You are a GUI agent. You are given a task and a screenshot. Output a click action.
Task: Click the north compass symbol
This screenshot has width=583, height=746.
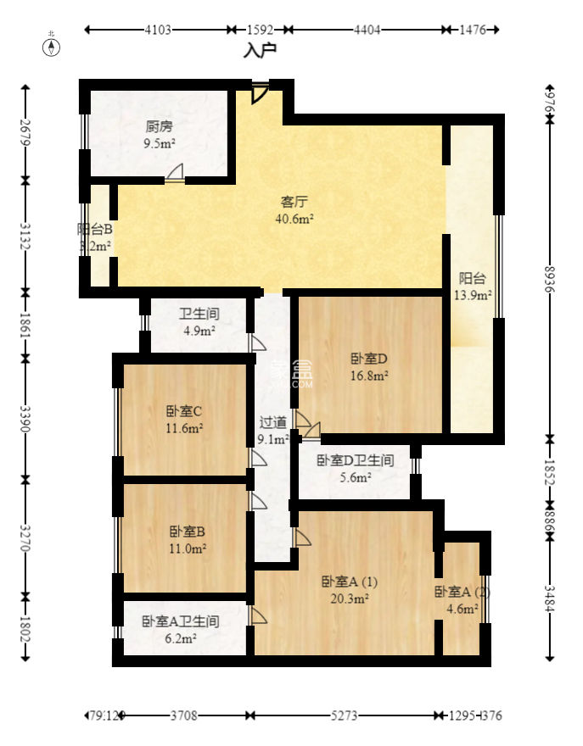[53, 45]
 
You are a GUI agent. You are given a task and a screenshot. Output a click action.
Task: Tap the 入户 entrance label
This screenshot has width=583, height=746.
[260, 50]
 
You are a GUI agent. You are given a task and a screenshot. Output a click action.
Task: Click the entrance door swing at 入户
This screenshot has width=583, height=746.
[260, 92]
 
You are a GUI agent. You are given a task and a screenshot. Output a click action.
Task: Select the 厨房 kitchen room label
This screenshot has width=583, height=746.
[159, 127]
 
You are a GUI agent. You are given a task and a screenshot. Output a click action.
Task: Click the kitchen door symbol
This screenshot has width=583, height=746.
[175, 174]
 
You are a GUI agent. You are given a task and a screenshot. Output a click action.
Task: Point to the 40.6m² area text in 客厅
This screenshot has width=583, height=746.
[294, 218]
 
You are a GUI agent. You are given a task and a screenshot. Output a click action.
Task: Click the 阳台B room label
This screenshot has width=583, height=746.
[95, 229]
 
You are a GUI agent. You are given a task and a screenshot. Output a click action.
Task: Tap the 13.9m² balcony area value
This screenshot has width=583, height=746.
[473, 295]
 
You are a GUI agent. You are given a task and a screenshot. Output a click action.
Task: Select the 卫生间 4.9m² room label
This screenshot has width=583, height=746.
[199, 314]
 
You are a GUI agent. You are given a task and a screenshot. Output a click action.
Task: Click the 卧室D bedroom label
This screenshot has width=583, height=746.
[369, 358]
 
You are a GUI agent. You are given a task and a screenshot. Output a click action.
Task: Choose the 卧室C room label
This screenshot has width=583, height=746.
[183, 412]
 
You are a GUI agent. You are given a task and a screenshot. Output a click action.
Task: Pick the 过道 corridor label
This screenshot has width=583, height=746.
[272, 421]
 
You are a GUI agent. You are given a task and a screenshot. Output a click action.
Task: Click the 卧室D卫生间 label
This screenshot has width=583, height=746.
[355, 460]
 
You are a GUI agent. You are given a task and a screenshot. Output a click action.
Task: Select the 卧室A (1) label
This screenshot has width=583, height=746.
[350, 582]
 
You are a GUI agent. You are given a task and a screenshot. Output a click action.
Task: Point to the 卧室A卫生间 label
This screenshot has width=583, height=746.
[180, 621]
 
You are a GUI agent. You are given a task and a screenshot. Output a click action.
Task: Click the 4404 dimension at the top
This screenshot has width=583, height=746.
[367, 30]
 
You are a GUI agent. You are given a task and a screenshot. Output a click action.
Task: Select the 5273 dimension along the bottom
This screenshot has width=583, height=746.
[343, 715]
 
